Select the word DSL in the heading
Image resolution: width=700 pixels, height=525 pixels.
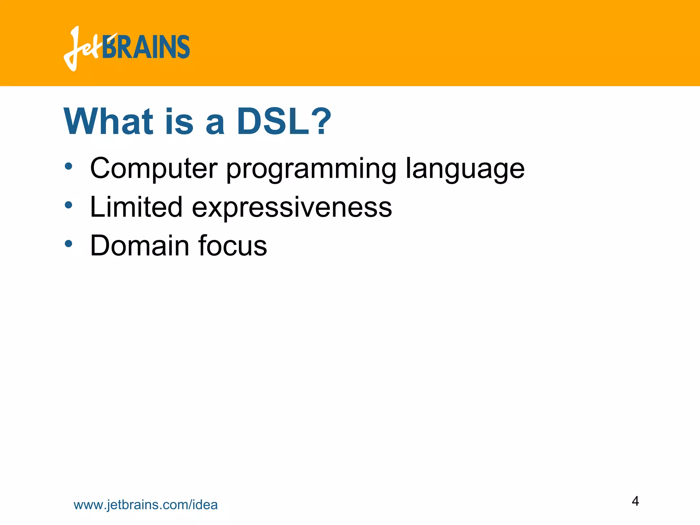pos(273,122)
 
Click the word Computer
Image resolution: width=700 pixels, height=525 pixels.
pos(153,168)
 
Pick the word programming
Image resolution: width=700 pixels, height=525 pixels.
pos(311,169)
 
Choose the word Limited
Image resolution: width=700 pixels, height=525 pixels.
pos(136,207)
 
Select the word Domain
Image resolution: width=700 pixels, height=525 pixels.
pos(139,245)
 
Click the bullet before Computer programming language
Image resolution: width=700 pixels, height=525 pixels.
pos(69,166)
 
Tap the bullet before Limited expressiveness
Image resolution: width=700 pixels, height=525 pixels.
pos(69,205)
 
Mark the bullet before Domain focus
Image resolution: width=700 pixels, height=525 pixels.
pos(69,244)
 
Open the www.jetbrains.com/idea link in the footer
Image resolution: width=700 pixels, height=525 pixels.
pos(146,505)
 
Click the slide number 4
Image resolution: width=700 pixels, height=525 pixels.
pos(635,501)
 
